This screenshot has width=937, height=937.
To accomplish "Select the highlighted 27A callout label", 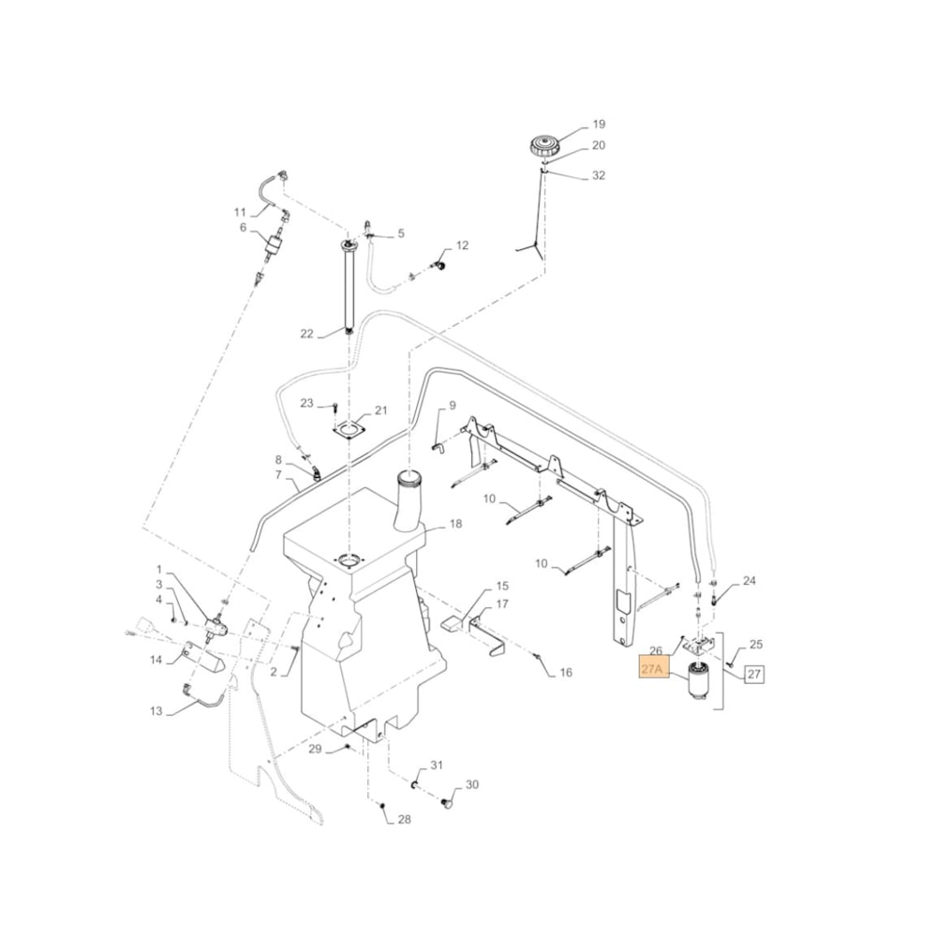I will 652,669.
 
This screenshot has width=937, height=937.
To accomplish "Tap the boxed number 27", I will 755,673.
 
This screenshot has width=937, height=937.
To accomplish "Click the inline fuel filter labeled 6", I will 275,244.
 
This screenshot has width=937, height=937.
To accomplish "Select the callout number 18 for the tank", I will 455,524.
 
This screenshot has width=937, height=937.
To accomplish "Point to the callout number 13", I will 156,711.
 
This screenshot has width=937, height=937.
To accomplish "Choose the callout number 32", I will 600,175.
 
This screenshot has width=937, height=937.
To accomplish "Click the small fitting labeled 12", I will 437,266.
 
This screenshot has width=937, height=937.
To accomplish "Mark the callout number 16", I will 565,673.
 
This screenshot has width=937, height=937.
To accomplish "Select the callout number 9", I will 452,406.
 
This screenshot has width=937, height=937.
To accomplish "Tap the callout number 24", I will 749,581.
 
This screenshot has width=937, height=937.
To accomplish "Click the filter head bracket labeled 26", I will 698,646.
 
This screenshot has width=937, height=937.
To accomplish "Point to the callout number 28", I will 404,820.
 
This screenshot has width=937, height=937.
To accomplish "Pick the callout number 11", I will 240,212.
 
